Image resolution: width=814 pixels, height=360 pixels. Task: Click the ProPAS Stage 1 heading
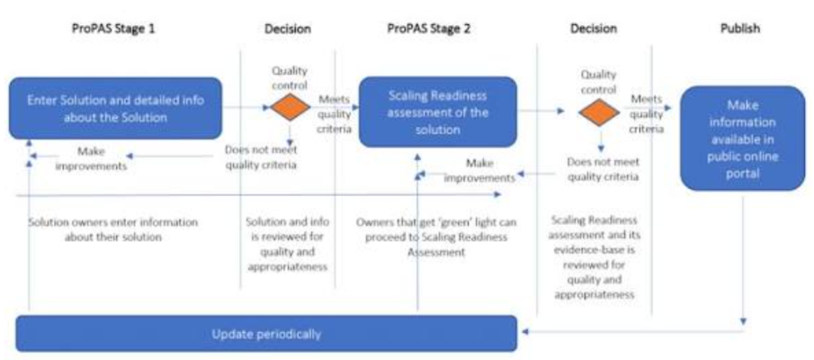pyautogui.click(x=114, y=28)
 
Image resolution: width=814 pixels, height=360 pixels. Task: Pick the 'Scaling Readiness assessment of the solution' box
pyautogui.click(x=438, y=112)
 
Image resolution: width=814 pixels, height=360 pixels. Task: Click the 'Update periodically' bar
pyautogui.click(x=266, y=333)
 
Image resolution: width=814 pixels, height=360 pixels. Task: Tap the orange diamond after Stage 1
pyautogui.click(x=290, y=106)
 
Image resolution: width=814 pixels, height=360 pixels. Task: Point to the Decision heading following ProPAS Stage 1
pyautogui.click(x=288, y=28)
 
